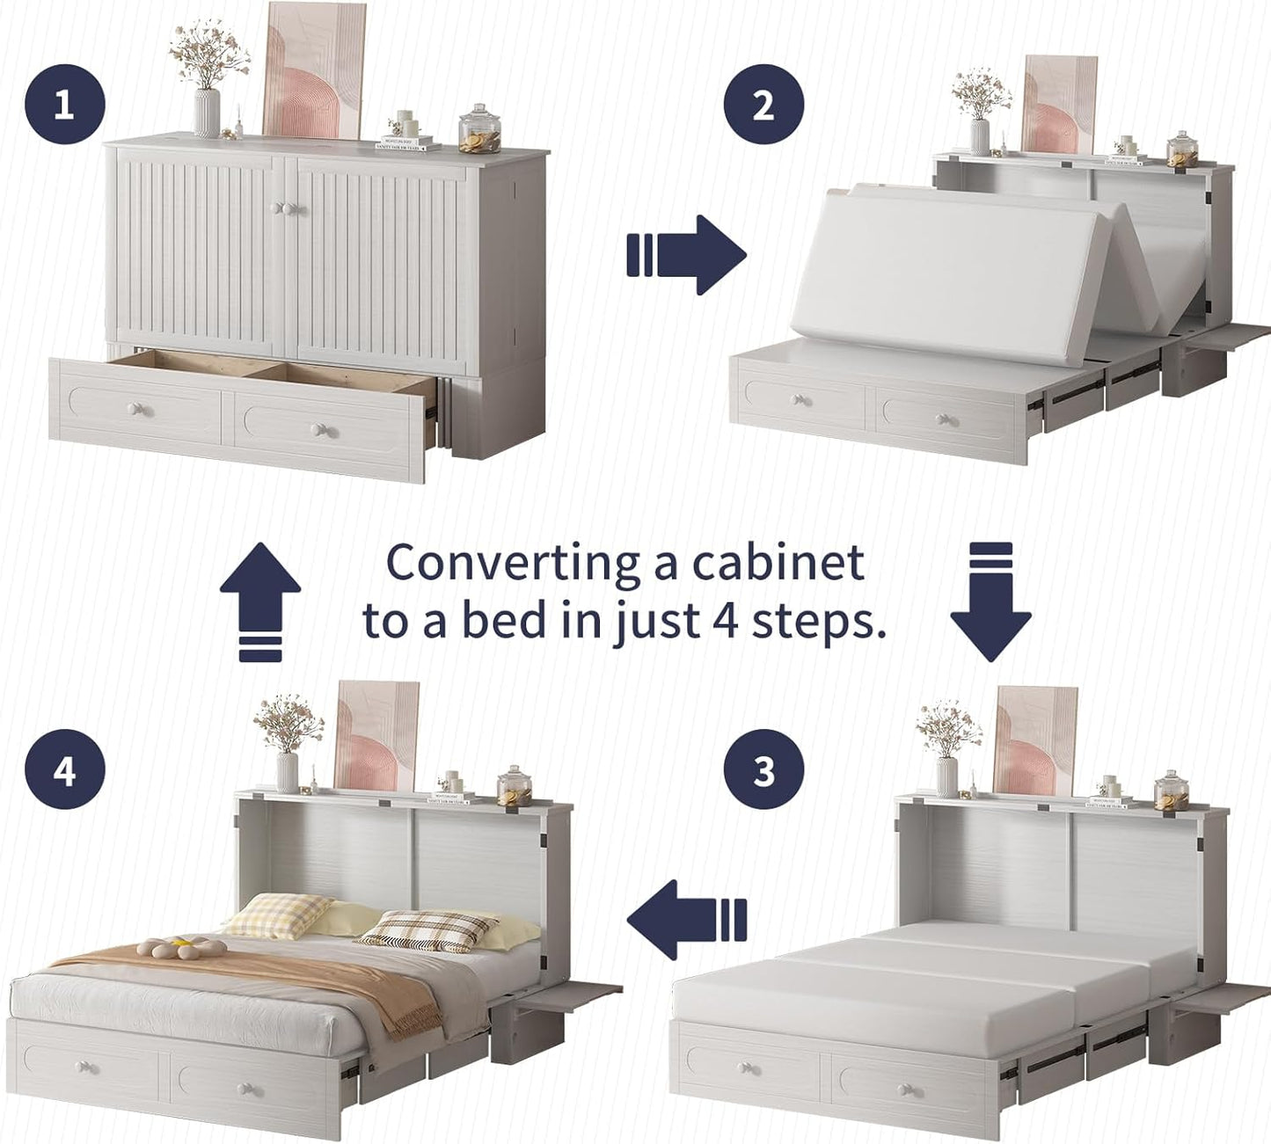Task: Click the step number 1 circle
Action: click(x=64, y=106)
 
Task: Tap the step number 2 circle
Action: click(x=763, y=106)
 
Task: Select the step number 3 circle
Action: click(x=763, y=770)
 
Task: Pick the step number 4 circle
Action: click(x=64, y=772)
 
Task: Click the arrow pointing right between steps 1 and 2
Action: click(x=686, y=255)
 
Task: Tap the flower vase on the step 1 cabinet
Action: click(x=208, y=113)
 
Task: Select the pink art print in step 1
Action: click(x=314, y=70)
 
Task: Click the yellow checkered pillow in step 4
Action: click(x=277, y=914)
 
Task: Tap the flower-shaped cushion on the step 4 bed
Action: click(x=180, y=948)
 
